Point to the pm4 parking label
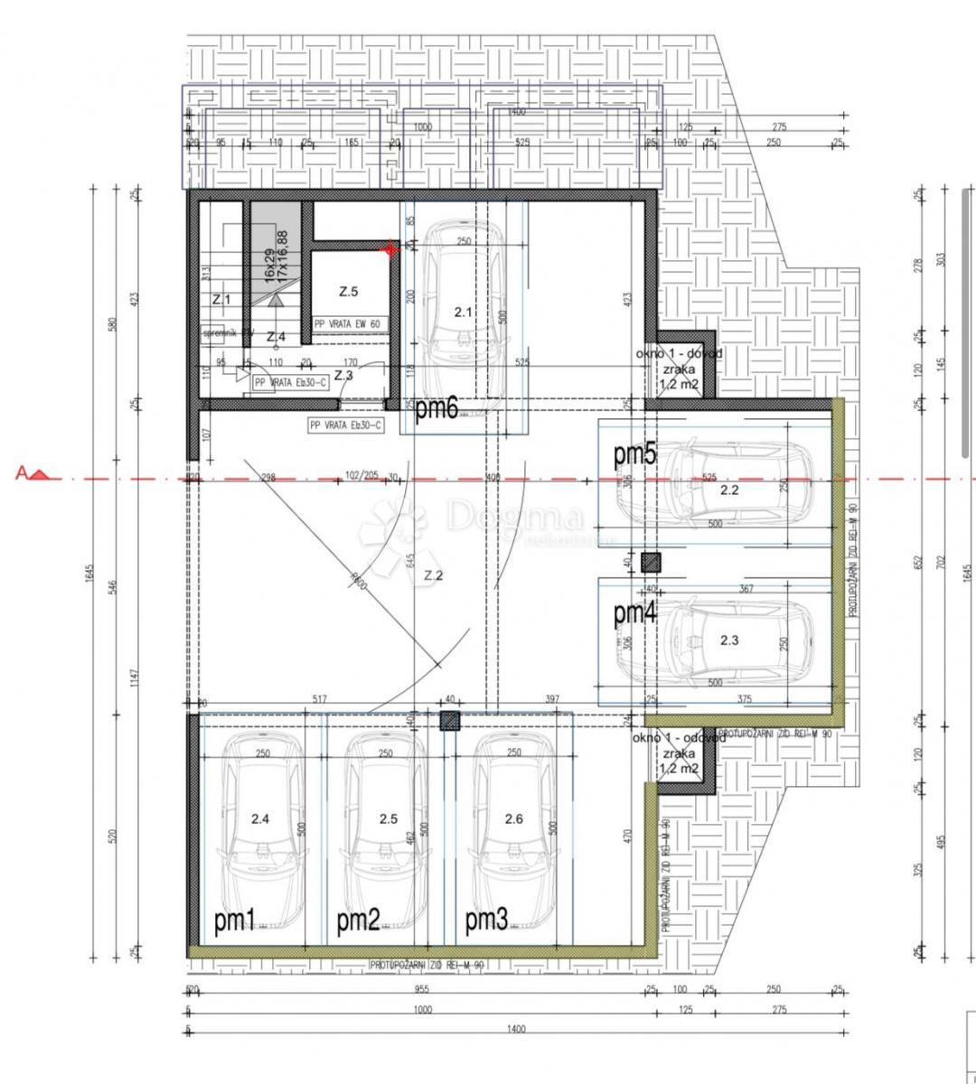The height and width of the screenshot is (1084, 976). coord(634,613)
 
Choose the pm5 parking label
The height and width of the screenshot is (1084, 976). coord(634,455)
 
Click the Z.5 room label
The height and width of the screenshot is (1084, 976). coord(349,292)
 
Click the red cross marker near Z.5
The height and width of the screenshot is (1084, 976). coord(390,248)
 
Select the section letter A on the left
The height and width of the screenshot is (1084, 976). coord(21,472)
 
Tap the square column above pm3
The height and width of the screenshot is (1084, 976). coord(449,720)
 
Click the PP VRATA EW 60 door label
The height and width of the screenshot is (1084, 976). coord(347,322)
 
